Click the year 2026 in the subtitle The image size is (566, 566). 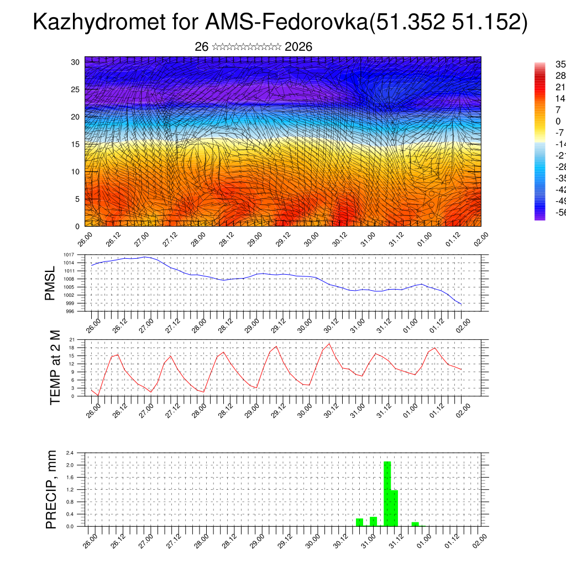[298, 47]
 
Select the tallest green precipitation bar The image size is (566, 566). [387, 494]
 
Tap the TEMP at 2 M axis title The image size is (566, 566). [55, 368]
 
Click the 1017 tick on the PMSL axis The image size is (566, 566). [70, 255]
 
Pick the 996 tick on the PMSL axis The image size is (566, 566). [71, 311]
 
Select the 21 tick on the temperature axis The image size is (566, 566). [72, 339]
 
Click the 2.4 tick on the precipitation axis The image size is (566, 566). [70, 453]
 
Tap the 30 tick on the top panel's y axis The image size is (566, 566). [75, 62]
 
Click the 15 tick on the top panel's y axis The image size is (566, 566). [75, 144]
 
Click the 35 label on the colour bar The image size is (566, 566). [560, 64]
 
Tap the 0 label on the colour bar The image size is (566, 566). [558, 121]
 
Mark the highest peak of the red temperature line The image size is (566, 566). [329, 343]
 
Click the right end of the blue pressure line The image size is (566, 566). [461, 304]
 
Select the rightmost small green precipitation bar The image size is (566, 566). [415, 524]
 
